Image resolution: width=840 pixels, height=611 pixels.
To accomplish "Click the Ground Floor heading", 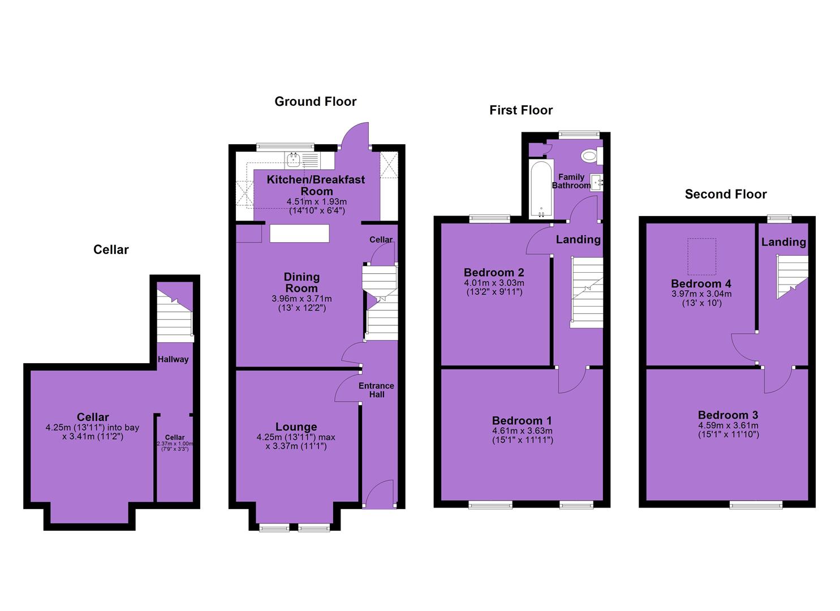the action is (316, 102).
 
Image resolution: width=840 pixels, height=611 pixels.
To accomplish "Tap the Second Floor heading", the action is (726, 194).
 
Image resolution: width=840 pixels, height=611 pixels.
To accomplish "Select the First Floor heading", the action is (521, 110).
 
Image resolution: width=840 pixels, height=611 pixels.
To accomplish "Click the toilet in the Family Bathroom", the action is (592, 155).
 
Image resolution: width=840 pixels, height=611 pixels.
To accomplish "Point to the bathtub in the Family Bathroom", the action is (541, 190).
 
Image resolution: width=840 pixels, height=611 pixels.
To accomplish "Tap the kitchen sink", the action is (293, 160).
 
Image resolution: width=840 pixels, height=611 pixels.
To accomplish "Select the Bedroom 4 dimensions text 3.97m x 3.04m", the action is (701, 294).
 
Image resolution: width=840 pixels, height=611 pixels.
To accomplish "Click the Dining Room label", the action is (301, 282).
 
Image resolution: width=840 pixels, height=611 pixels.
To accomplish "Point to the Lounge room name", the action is (296, 427).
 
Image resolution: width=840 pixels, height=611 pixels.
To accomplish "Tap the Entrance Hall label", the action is (376, 390).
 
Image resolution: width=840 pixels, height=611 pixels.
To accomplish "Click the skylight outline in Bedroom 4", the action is (701, 257).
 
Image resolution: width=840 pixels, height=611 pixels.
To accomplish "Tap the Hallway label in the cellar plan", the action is (173, 359).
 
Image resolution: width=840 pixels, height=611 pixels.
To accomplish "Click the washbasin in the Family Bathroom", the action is (597, 183).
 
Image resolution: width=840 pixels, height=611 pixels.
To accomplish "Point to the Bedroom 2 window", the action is (490, 218).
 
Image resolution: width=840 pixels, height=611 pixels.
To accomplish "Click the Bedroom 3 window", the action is (756, 505).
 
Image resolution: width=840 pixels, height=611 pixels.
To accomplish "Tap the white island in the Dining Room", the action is (299, 233).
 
